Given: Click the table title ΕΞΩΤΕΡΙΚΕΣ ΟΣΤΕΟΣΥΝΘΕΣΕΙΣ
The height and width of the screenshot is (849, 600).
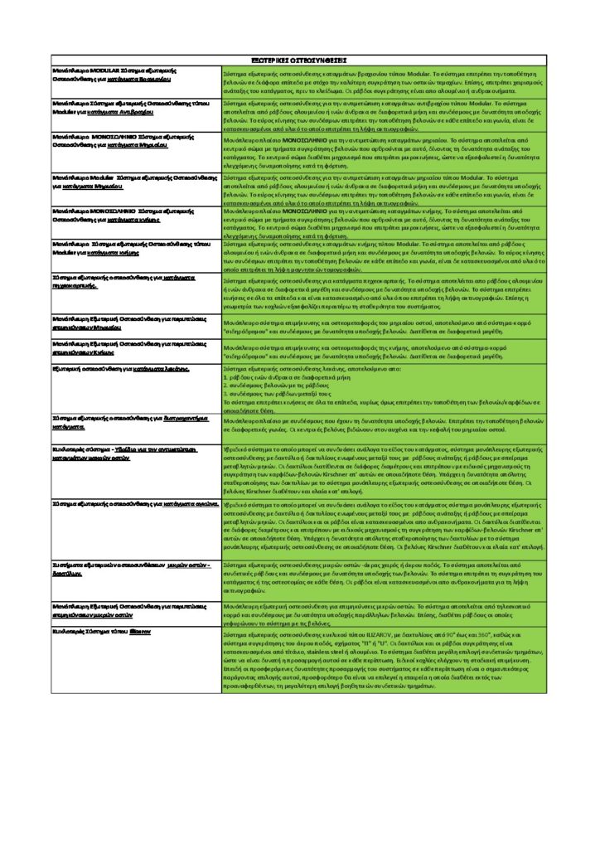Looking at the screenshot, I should [x=299, y=61].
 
